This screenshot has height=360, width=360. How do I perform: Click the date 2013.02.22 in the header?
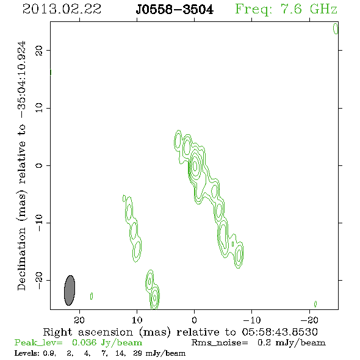click(62, 9)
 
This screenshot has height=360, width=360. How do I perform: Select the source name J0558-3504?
click(175, 10)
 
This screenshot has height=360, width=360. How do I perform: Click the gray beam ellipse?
click(70, 290)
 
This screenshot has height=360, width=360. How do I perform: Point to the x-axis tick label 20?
click(79, 320)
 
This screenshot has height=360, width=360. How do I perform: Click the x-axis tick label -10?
click(252, 320)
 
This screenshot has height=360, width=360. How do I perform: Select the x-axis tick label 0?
click(194, 320)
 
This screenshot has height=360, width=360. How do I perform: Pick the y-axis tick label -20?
click(39, 281)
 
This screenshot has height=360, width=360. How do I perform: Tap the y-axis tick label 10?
click(39, 108)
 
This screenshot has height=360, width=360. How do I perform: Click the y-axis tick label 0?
click(39, 165)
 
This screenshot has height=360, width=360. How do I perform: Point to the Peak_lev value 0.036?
click(84, 342)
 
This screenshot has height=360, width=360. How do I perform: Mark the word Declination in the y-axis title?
click(21, 259)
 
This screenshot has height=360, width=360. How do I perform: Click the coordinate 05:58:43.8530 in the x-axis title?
click(280, 332)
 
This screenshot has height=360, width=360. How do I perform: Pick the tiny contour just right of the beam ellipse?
click(92, 296)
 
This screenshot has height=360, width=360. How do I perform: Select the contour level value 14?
click(120, 353)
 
